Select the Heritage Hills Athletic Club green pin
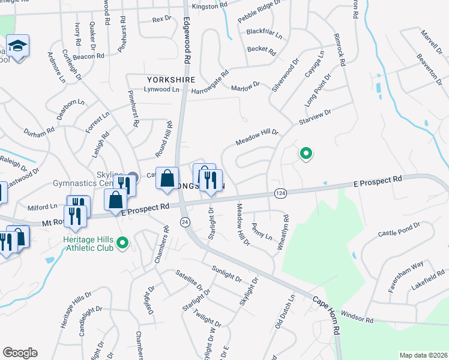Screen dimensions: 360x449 pos(123,243)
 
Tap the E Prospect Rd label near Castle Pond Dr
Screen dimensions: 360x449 pos(377,180)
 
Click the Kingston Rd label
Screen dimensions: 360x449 pos(209,6)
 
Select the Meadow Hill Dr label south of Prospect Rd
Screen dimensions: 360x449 pos(243,224)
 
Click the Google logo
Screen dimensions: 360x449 pos(19,353)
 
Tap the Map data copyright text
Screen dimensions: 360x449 pos(423,355)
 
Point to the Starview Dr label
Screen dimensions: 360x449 pos(315,117)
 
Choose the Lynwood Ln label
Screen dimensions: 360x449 pos(161,89)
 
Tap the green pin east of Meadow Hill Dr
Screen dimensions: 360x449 pos(306,154)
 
